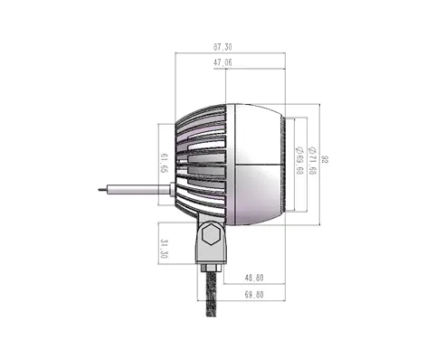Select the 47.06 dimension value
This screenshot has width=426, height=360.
(x=222, y=62)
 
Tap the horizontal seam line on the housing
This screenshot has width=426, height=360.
(x=259, y=164)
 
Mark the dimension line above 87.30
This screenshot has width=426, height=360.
(x=231, y=52)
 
